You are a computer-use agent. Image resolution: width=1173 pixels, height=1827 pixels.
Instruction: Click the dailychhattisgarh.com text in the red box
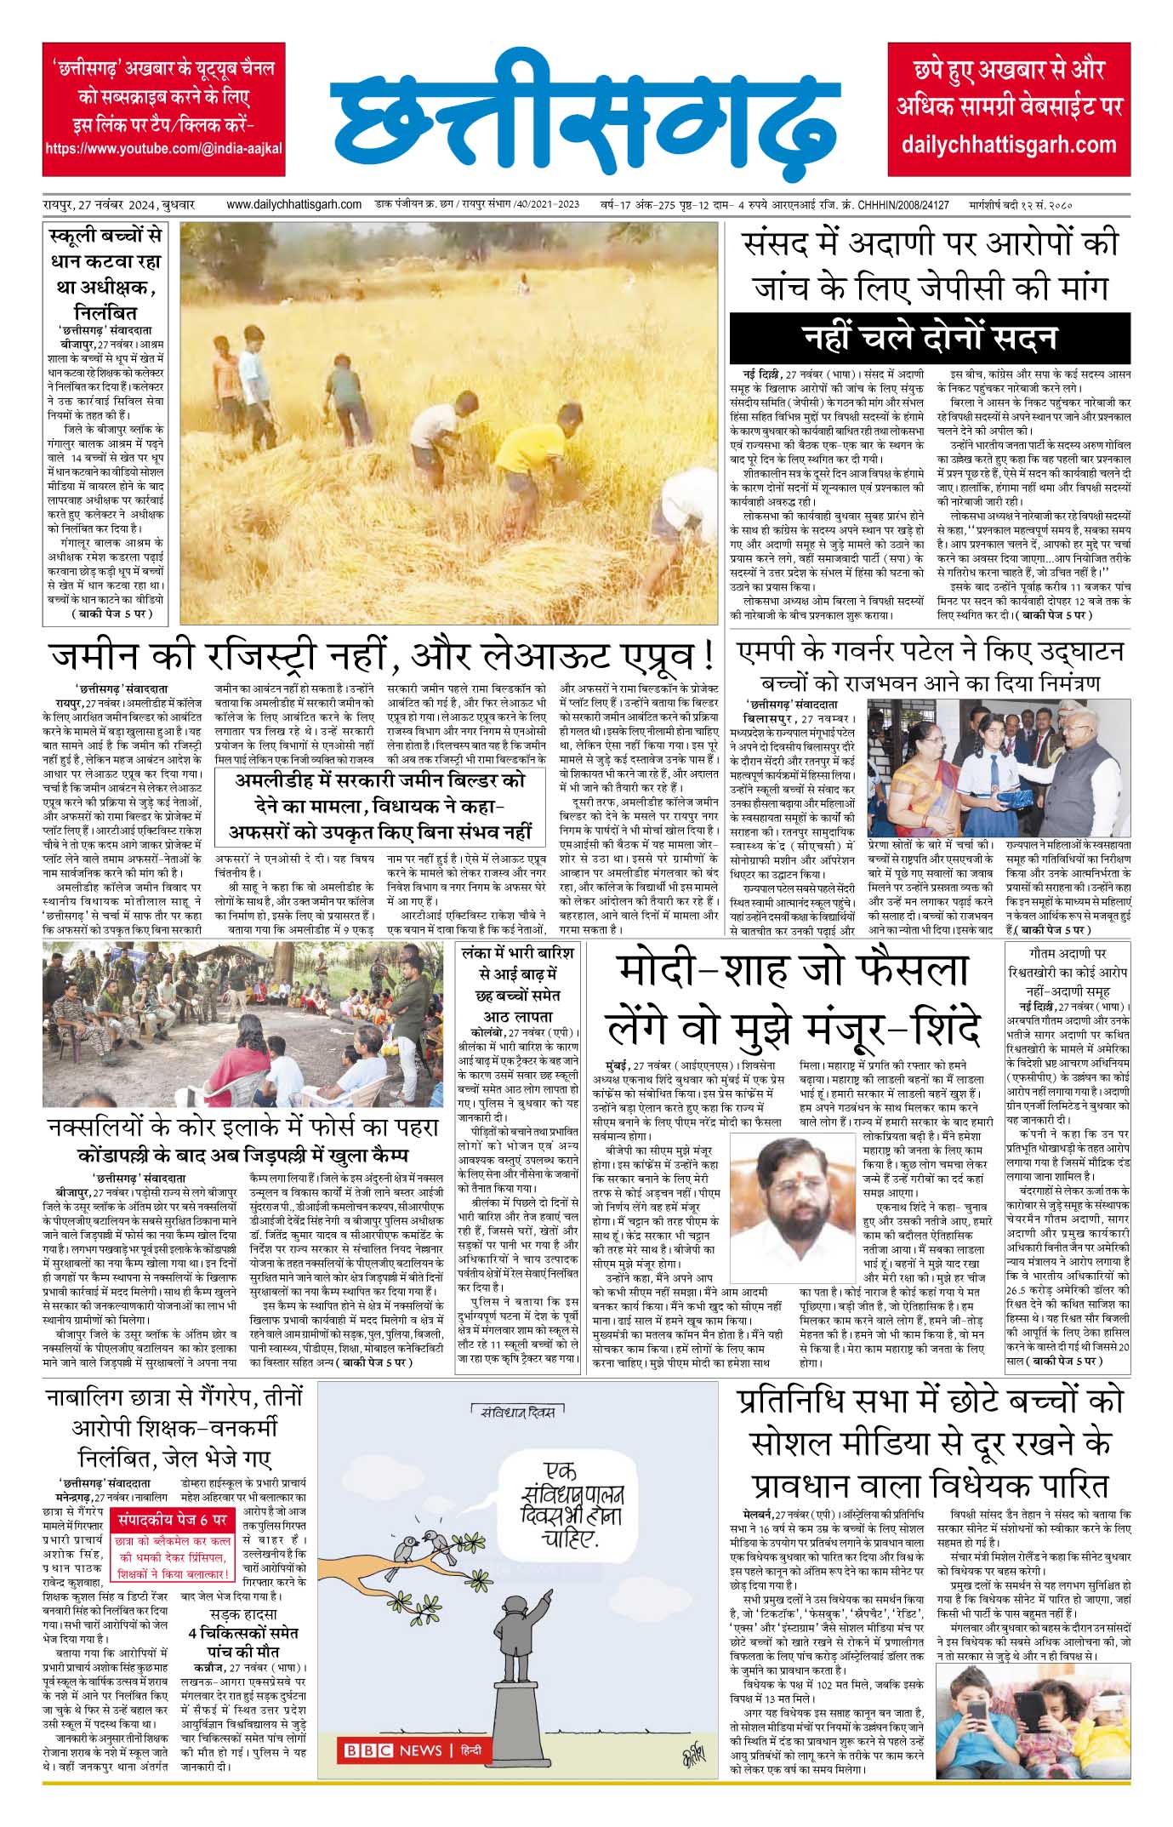1009,144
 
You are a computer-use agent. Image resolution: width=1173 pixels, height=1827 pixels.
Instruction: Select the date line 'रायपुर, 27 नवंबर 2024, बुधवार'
120,205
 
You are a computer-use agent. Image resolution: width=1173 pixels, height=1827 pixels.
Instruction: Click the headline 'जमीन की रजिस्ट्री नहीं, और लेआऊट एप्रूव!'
381,657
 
